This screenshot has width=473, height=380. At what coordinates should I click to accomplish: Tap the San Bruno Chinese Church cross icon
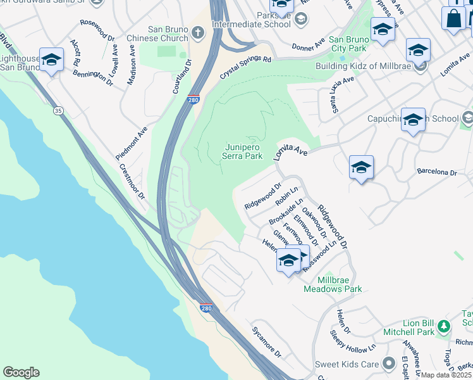pyautogui.click(x=198, y=32)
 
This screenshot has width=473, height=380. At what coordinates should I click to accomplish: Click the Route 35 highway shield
pyautogui.click(x=58, y=111)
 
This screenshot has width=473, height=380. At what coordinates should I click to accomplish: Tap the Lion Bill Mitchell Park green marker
pyautogui.click(x=444, y=326)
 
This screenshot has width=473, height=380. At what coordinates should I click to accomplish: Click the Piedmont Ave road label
pyautogui.click(x=132, y=142)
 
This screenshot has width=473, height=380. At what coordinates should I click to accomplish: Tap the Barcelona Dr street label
pyautogui.click(x=436, y=172)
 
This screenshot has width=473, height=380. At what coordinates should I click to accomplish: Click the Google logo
pyautogui.click(x=21, y=372)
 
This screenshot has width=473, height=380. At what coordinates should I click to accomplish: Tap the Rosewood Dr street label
pyautogui.click(x=97, y=29)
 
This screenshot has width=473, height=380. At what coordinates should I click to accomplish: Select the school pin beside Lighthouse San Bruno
pyautogui.click(x=51, y=60)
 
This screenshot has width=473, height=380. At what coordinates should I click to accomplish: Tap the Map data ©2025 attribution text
pyautogui.click(x=445, y=375)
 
